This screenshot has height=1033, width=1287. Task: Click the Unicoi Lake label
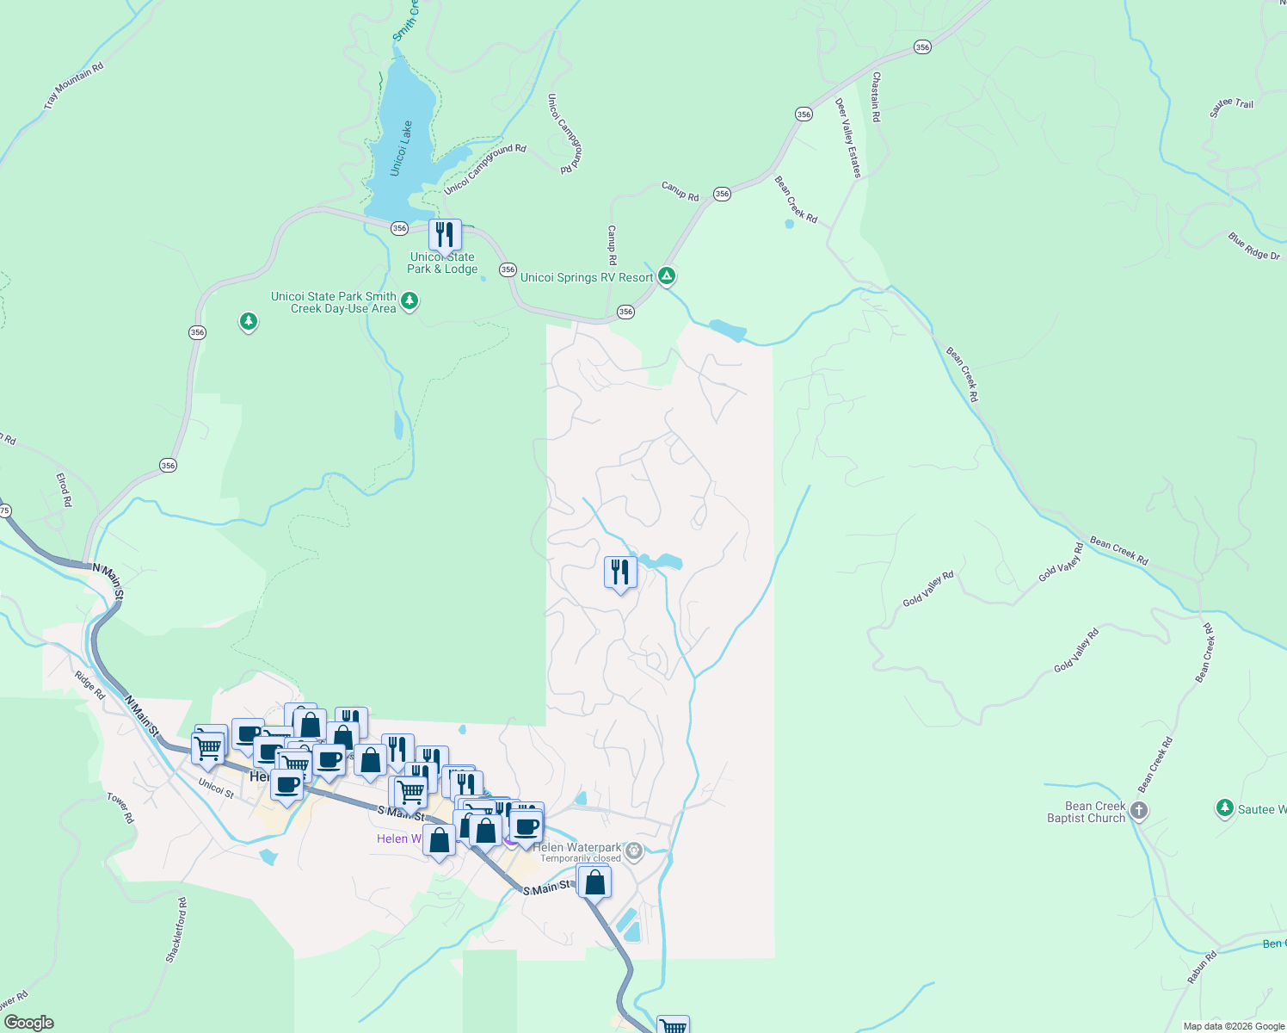click(402, 149)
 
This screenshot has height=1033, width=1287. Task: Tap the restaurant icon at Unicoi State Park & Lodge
click(445, 234)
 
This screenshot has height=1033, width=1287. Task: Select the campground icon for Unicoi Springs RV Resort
click(666, 276)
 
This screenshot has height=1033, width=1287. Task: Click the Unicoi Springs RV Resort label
click(587, 277)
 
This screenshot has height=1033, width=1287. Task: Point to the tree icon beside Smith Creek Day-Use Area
click(409, 300)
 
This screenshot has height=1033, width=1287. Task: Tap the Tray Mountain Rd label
click(74, 85)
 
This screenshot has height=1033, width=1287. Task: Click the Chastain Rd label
click(876, 96)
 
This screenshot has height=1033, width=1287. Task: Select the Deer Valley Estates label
click(847, 138)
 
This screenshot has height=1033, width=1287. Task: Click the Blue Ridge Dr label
click(1253, 246)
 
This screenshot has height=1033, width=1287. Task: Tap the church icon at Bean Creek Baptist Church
click(1138, 810)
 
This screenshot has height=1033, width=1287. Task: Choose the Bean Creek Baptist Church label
click(1087, 813)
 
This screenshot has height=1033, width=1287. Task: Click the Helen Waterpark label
click(576, 847)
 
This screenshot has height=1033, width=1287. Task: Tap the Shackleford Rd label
click(176, 930)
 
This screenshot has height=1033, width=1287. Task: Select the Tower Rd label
click(120, 807)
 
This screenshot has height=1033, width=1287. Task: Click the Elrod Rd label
click(64, 489)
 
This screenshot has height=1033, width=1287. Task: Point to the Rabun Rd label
click(1202, 968)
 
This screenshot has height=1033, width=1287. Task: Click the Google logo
click(28, 1023)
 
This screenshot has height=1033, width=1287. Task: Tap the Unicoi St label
click(216, 787)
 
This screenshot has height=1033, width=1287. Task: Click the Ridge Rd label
click(89, 685)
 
